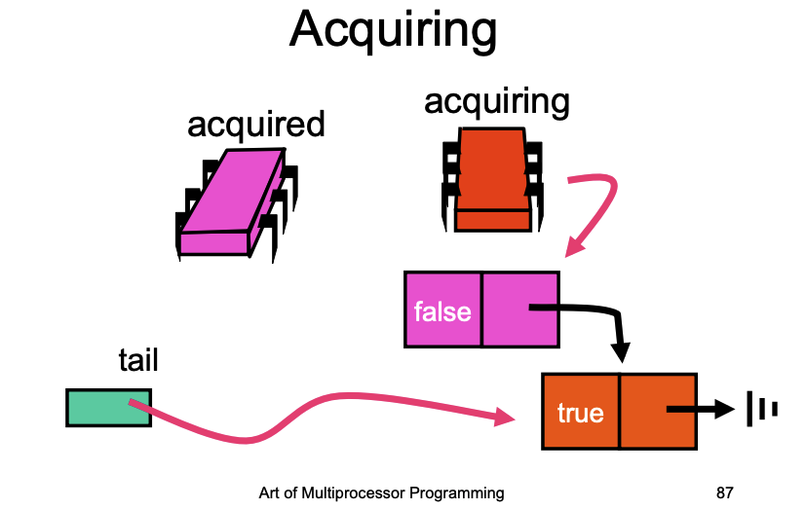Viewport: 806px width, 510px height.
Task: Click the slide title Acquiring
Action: [393, 30]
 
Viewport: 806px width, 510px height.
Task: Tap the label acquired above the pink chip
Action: [256, 125]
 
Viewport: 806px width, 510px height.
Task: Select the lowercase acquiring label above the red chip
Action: [496, 102]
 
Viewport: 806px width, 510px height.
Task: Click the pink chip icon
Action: [237, 205]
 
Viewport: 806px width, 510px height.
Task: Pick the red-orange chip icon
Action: [492, 180]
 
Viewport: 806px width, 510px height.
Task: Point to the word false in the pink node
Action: [442, 312]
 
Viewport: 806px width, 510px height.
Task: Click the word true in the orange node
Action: [580, 414]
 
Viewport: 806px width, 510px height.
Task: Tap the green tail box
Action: [108, 408]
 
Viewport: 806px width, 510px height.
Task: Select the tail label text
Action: [138, 360]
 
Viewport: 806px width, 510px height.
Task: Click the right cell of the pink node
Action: [520, 310]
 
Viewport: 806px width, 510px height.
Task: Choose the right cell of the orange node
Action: [659, 412]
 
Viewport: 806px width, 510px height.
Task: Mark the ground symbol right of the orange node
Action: [762, 409]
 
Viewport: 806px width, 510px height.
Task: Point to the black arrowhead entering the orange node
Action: [621, 352]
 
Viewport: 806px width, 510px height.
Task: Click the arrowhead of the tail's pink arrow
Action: [505, 417]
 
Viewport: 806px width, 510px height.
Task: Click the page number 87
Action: [724, 493]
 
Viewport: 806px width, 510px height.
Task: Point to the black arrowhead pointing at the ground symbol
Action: [725, 409]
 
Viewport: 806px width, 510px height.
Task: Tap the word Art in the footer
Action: [269, 493]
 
